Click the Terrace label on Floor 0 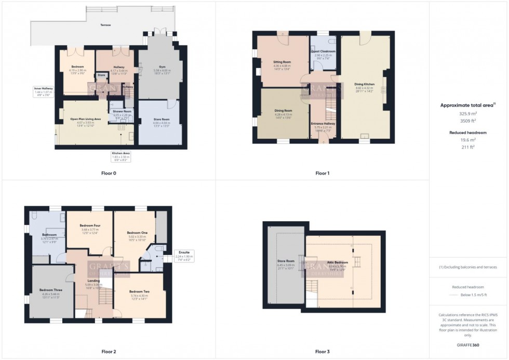[x=105, y=25]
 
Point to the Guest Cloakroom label [x=323, y=51]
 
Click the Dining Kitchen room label [x=365, y=84]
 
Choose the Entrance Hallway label [x=323, y=123]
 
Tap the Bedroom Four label [x=90, y=225]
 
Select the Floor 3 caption [x=322, y=351]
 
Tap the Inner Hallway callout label [x=44, y=88]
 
